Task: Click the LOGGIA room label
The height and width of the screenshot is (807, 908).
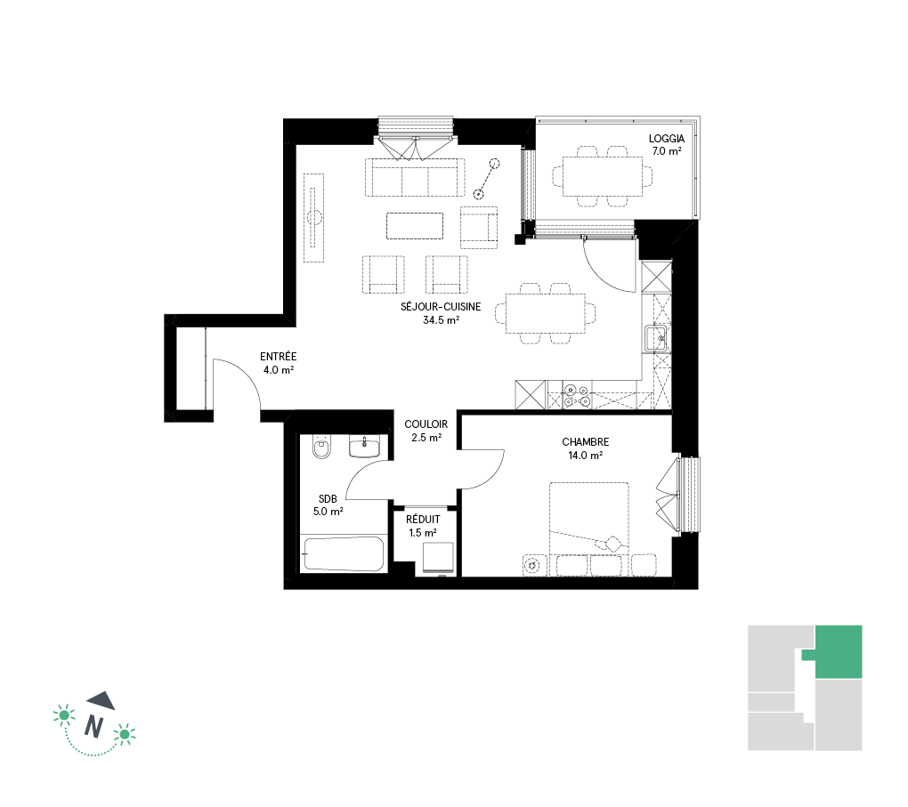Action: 666,139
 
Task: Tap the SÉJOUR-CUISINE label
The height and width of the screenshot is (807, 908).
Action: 441,307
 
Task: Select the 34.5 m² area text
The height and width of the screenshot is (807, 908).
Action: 442,320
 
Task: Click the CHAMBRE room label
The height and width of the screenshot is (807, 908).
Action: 586,441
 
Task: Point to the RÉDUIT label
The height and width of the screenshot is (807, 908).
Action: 423,520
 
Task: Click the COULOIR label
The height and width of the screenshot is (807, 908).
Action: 426,424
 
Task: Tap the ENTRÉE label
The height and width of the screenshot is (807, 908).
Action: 278,357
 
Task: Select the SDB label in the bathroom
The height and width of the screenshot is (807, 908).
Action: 328,498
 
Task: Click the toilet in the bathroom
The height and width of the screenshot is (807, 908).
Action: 321,447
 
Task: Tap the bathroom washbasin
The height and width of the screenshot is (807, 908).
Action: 364,447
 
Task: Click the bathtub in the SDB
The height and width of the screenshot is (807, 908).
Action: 343,554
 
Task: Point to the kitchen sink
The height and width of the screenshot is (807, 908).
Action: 656,339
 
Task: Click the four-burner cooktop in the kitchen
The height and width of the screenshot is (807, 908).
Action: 577,395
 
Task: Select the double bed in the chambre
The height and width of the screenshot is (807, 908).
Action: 589,529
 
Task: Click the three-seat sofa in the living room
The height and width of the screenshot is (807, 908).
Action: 415,177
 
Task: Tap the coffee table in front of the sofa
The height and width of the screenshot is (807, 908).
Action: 415,226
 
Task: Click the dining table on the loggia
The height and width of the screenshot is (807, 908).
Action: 603,176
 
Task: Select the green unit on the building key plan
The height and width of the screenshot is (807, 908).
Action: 838,652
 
